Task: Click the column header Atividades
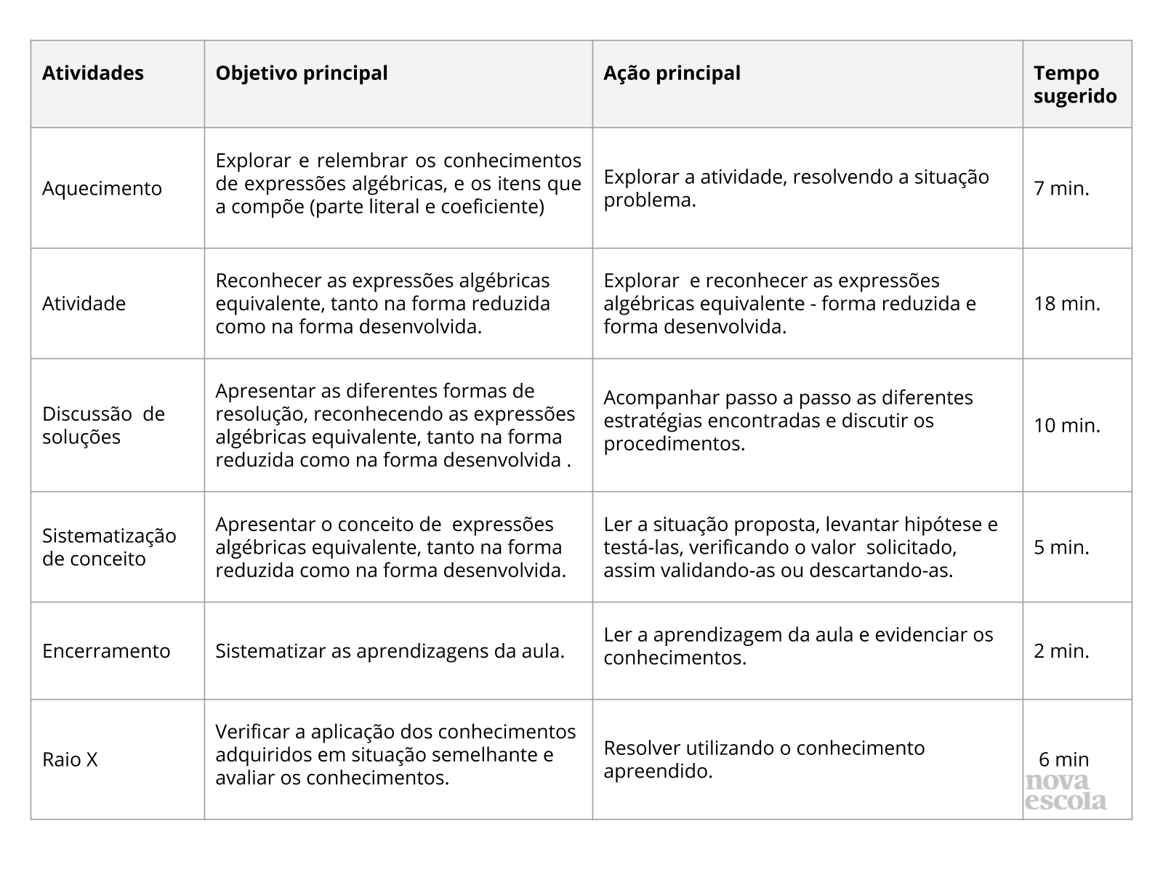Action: (x=93, y=73)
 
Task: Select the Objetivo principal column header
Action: (x=302, y=73)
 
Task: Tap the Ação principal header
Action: (x=672, y=73)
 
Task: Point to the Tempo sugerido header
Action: (x=1075, y=85)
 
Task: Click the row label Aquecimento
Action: (x=102, y=188)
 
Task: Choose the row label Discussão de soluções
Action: (x=103, y=425)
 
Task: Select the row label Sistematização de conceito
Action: (x=109, y=547)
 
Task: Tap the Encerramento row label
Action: (x=106, y=650)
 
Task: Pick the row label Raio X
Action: (x=70, y=759)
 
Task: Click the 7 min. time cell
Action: (x=1062, y=188)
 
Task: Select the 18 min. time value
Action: (x=1067, y=303)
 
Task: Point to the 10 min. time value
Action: (x=1067, y=425)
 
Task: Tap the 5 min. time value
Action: (x=1062, y=547)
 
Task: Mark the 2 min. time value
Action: (x=1062, y=650)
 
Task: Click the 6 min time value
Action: (x=1064, y=759)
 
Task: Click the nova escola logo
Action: (x=1066, y=793)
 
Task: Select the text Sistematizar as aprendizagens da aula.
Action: (x=390, y=651)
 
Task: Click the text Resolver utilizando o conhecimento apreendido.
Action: (x=764, y=759)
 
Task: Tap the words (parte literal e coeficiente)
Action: (x=427, y=207)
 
